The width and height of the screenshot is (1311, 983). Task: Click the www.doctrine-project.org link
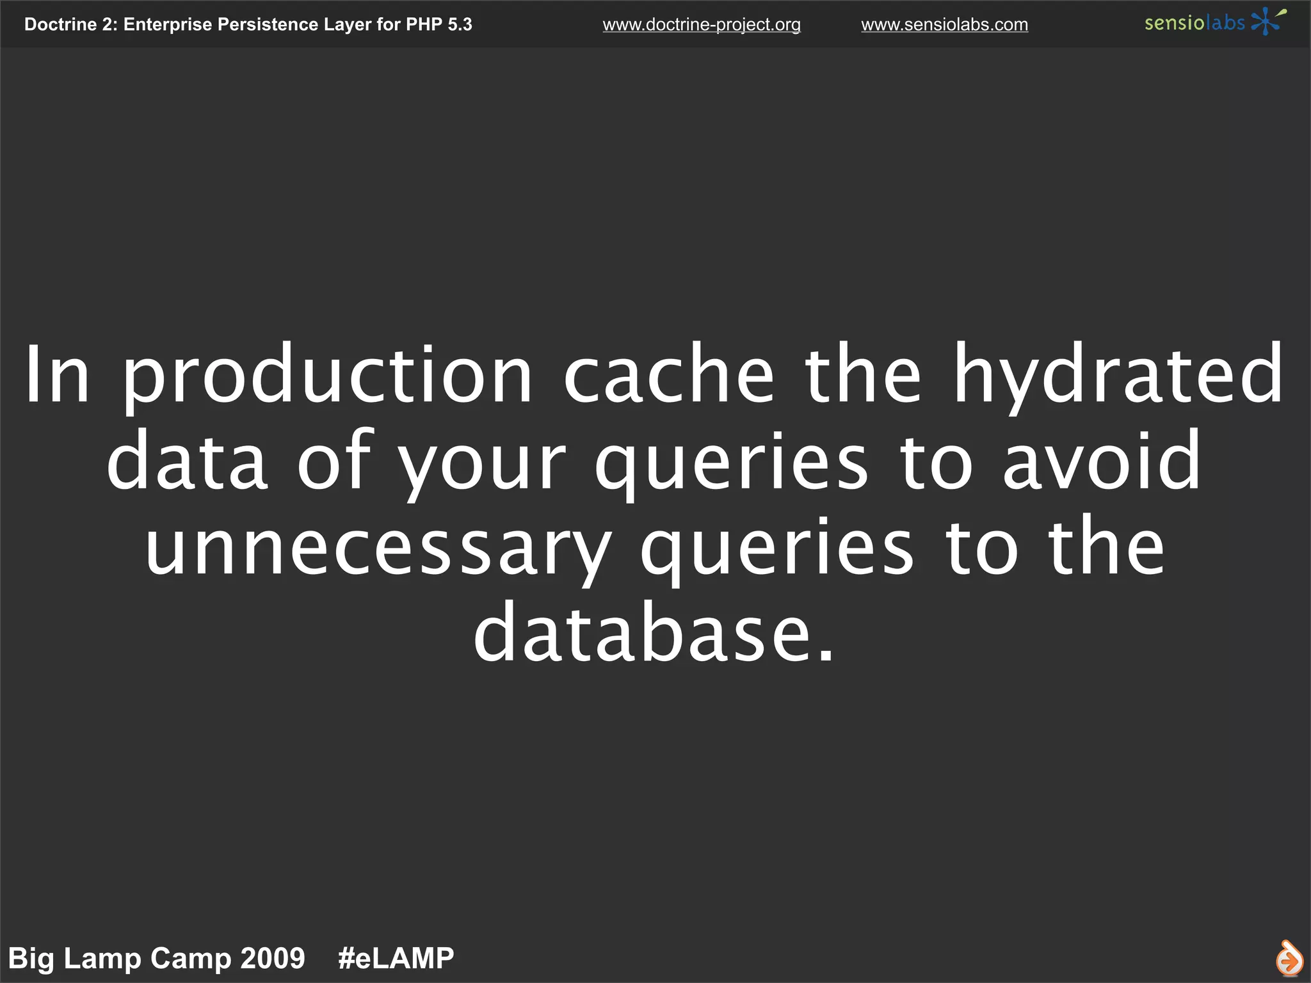[x=702, y=25]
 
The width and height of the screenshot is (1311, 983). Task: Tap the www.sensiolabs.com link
[x=944, y=25]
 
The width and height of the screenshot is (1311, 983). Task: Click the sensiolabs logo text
[x=1194, y=23]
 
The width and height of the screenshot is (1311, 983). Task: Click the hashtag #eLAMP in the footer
[x=396, y=959]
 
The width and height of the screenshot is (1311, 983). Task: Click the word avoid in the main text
[x=1102, y=461]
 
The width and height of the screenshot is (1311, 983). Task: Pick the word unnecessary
[x=378, y=549]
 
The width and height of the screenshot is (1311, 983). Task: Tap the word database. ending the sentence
[x=654, y=634]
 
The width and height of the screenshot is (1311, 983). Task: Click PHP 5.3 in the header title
[x=439, y=24]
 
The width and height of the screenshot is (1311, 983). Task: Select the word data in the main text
[x=187, y=461]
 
